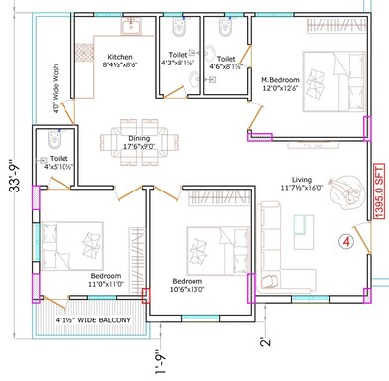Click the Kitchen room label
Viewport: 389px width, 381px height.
(120, 63)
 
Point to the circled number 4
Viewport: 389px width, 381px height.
(345, 240)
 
